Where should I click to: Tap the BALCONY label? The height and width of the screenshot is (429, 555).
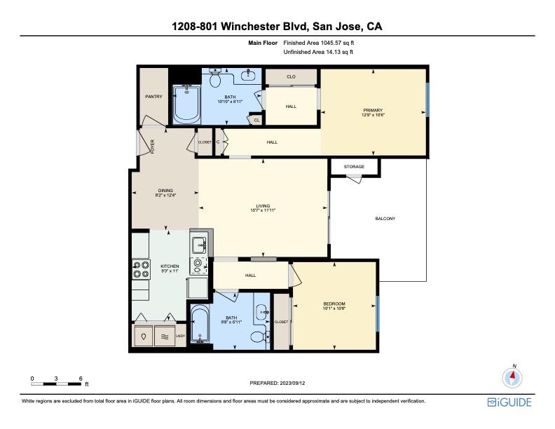pos(385,219)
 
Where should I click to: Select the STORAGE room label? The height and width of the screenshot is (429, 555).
pos(354,167)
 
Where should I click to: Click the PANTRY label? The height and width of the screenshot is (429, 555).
pos(153,97)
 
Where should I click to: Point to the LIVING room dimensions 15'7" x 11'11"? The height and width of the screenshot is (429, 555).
pos(263,210)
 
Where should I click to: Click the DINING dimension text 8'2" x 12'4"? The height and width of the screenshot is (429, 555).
pos(165,196)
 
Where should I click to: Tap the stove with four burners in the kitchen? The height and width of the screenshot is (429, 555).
pos(141,270)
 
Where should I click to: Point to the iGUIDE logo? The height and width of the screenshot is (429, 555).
pos(509,402)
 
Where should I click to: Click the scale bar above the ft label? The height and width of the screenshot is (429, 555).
pos(57,383)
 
